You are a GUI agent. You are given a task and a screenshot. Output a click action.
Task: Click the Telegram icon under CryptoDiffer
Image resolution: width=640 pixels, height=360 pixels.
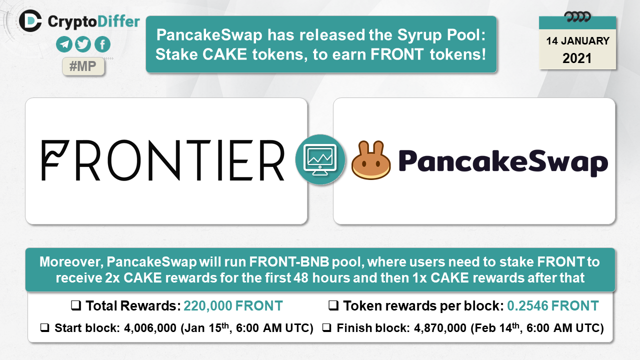[64, 44]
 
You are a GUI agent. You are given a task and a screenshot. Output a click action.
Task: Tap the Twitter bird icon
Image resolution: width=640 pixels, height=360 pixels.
[83, 44]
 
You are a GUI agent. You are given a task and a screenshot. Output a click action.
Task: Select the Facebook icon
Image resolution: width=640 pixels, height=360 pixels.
[102, 44]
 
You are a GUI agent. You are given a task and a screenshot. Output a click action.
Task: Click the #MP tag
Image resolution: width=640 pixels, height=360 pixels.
[83, 66]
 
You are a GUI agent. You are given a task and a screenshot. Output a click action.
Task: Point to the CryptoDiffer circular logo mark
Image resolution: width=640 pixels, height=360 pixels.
[30, 21]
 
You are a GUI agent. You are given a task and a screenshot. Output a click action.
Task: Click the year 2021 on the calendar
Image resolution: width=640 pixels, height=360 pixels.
[577, 58]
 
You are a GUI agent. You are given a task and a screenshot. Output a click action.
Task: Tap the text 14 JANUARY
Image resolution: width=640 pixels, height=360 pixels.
[577, 41]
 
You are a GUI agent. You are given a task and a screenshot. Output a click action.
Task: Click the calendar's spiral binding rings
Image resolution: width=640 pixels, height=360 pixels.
[577, 17]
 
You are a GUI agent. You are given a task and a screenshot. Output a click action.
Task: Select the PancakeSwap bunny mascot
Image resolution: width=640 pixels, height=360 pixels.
[371, 160]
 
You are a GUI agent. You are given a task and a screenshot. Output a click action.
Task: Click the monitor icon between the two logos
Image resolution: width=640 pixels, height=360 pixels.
[320, 159]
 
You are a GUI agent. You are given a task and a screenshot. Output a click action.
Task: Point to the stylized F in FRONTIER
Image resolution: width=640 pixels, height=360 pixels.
[55, 160]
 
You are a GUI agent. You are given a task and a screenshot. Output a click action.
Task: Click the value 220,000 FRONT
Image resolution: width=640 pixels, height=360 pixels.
[233, 305]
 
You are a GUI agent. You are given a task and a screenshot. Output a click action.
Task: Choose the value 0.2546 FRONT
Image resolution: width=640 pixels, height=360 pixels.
[553, 305]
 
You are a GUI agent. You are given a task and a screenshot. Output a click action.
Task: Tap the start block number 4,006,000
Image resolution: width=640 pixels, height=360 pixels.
[150, 328]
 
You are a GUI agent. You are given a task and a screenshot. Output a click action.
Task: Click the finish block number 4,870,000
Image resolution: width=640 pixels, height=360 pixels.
[440, 328]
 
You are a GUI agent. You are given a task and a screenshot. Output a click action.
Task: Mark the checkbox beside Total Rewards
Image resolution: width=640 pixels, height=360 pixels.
[76, 305]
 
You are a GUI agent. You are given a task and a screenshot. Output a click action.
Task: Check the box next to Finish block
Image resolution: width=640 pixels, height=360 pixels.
[326, 328]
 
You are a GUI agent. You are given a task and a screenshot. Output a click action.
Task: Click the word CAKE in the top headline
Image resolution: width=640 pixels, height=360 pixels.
[225, 54]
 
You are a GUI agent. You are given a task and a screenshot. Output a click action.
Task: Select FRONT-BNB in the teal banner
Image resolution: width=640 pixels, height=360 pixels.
[289, 262]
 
